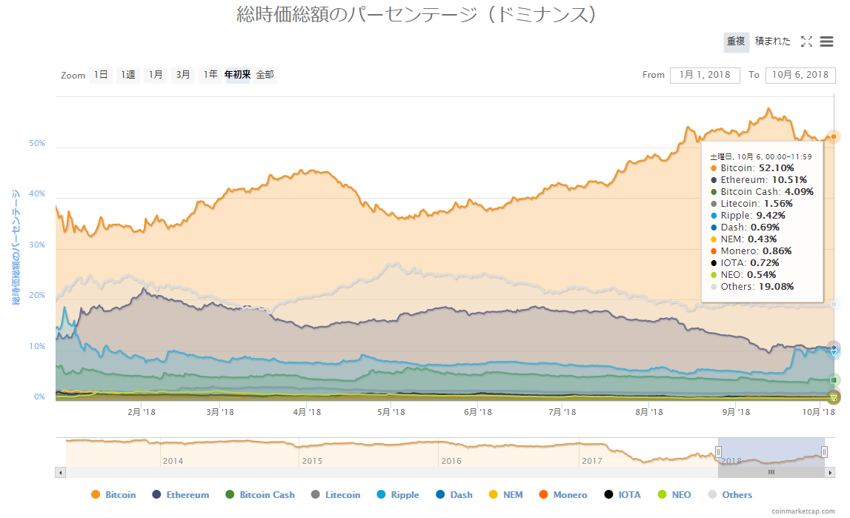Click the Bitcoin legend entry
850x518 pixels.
pos(113,495)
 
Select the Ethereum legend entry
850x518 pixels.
pos(180,495)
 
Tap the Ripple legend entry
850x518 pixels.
pos(398,495)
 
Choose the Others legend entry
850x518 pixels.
pos(730,495)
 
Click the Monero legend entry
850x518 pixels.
pos(563,495)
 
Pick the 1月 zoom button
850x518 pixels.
pos(156,75)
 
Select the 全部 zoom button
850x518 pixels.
pos(265,75)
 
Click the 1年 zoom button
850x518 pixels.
pos(210,75)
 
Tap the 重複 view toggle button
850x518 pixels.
pos(736,42)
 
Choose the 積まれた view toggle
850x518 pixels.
pos(773,42)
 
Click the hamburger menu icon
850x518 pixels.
pos(827,42)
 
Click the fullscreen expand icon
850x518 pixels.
pos(807,42)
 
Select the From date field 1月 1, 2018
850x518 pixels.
pos(705,75)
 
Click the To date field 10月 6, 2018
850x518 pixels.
pos(799,75)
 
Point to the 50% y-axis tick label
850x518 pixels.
pos(38,144)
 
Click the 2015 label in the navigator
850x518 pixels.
pos(312,461)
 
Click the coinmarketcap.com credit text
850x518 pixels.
pos(806,511)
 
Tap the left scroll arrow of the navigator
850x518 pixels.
pos(61,472)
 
